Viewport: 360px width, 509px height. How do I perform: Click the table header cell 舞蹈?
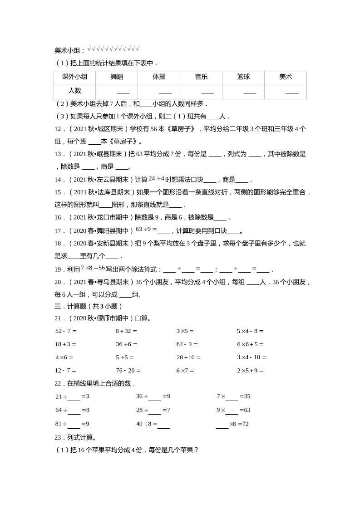tap(117, 77)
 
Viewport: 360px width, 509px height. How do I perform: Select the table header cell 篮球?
tap(243, 77)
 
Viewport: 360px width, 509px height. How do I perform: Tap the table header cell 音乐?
tap(201, 77)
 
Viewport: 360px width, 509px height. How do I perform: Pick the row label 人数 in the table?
tap(74, 91)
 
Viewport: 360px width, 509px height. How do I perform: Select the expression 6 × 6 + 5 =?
tap(250, 344)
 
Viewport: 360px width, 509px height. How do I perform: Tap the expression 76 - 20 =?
tap(128, 370)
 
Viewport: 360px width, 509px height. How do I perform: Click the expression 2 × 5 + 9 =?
tap(250, 370)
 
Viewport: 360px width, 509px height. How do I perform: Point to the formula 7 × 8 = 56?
tap(93, 268)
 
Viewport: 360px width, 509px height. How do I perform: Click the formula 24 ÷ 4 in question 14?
tap(156, 178)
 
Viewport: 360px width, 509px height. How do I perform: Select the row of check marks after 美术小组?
tap(113, 49)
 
